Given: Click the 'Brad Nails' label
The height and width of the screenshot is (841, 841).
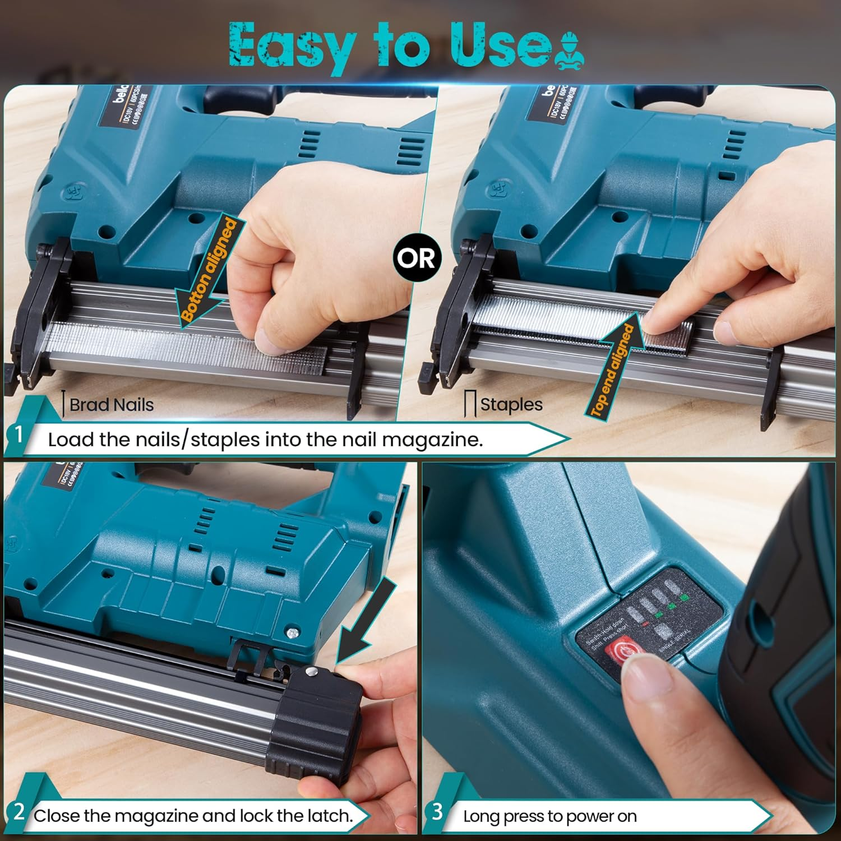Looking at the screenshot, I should (x=111, y=405).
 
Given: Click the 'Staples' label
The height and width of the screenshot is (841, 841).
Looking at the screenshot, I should (x=511, y=404).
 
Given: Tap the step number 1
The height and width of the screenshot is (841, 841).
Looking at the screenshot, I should (x=19, y=434).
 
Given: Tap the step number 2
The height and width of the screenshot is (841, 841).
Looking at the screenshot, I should (x=19, y=812).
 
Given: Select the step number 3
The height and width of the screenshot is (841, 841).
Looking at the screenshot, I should (x=437, y=811).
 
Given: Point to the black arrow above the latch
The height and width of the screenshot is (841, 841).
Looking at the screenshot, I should (x=364, y=622).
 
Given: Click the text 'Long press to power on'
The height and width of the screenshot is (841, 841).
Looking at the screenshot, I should (x=549, y=816).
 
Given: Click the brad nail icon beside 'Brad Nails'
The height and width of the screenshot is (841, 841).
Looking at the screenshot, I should (x=64, y=404).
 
